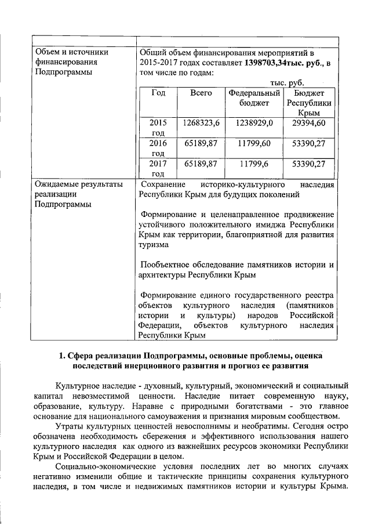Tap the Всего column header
[201, 93]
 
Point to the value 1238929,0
[254, 123]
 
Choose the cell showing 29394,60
[309, 123]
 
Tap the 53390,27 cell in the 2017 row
[309, 164]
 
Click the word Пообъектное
[168, 265]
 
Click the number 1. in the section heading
[64, 355]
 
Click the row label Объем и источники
[72, 52]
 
